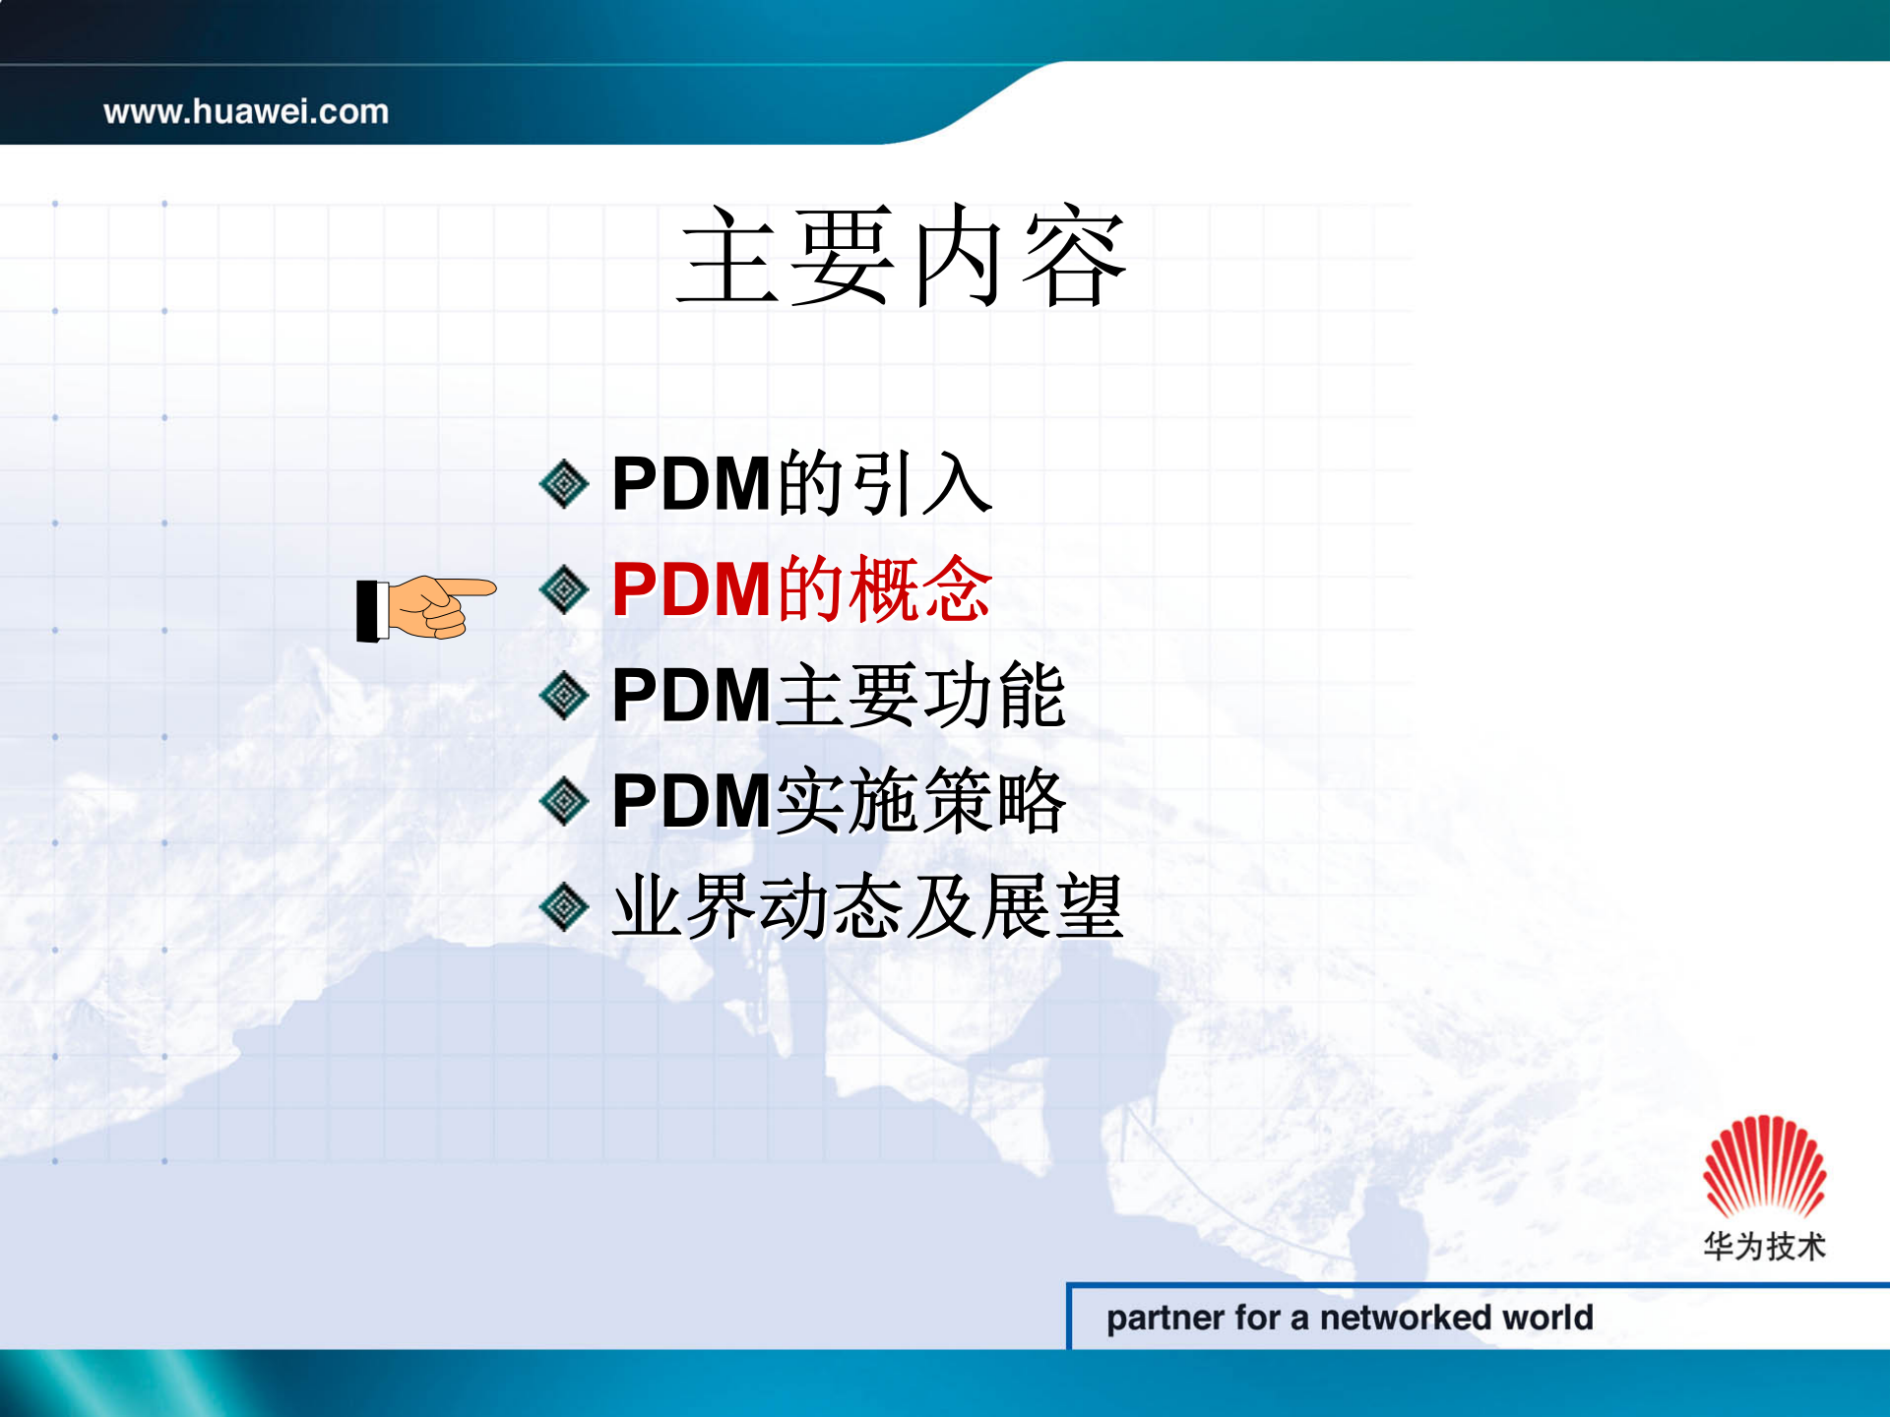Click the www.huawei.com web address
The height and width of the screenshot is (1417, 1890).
coord(246,111)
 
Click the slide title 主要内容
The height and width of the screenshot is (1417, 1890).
coord(902,258)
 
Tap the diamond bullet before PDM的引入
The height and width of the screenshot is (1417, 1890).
coord(564,483)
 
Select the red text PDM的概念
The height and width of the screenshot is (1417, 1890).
coord(801,589)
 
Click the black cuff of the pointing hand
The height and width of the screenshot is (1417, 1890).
coord(370,611)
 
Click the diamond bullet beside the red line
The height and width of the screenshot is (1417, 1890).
coord(564,589)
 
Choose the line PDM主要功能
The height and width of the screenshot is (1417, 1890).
coord(838,696)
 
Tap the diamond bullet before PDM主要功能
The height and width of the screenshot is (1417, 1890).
coord(564,696)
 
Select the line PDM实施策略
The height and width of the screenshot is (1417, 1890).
coord(838,801)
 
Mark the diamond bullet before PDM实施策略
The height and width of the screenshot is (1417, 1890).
coord(564,801)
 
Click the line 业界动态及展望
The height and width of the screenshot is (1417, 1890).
coord(866,907)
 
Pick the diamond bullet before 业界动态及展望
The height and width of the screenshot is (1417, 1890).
coord(564,907)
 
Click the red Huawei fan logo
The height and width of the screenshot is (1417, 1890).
coord(1764,1167)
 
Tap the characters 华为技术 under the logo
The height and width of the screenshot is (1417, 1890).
coord(1764,1246)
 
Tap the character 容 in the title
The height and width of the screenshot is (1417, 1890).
coord(1075,258)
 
